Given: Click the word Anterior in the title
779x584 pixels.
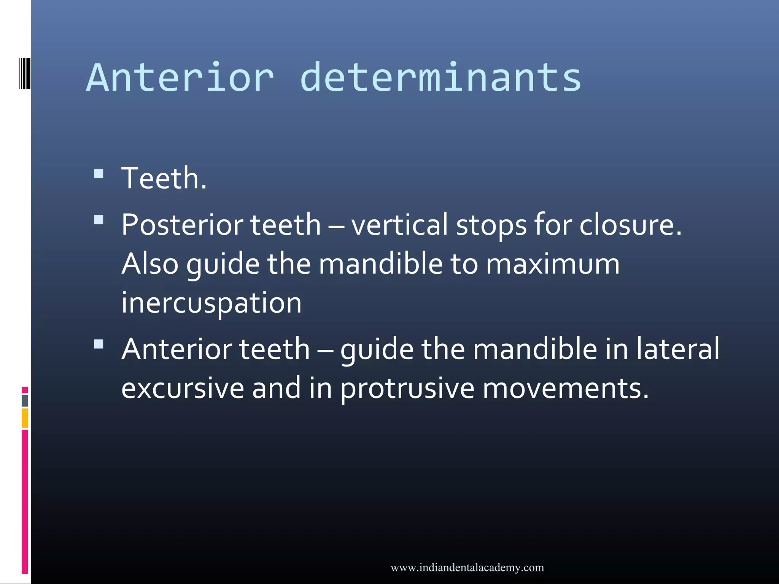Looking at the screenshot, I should click(x=180, y=78).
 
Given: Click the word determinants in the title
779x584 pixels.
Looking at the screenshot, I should click(x=440, y=78).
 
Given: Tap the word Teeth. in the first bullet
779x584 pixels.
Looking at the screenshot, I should click(x=164, y=179).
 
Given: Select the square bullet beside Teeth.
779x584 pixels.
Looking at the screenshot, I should click(x=99, y=174).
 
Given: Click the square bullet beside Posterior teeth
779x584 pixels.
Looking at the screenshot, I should click(x=99, y=220).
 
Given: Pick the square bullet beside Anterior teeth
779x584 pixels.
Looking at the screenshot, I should click(x=99, y=344).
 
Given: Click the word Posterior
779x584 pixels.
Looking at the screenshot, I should click(x=182, y=225).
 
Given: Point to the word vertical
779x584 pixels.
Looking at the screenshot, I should click(x=399, y=225).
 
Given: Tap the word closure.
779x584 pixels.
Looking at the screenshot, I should click(x=630, y=225).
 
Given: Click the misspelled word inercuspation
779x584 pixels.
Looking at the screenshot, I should click(x=211, y=303).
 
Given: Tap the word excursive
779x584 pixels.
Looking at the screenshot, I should click(x=183, y=389).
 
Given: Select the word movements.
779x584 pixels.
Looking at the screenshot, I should click(x=565, y=389).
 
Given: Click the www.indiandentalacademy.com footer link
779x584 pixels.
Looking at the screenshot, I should click(x=467, y=568).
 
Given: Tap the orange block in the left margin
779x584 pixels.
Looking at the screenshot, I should click(x=25, y=418).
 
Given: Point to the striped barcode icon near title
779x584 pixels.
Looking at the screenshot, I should click(x=24, y=73).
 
